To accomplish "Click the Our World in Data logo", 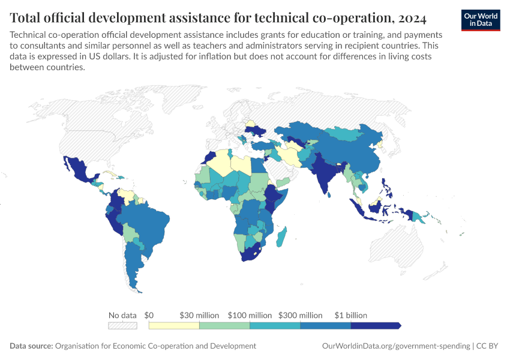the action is point(481,20).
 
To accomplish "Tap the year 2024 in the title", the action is point(412,18).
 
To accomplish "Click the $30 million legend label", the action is point(199,315).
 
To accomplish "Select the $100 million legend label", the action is point(250,315).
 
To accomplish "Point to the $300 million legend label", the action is point(300,315).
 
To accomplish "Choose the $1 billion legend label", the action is point(350,315).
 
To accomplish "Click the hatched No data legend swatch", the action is point(122,326).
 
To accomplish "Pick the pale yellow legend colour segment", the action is point(174,326).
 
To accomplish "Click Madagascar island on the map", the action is point(281,237).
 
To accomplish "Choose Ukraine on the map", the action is point(256,131).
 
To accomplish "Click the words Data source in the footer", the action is point(31,346).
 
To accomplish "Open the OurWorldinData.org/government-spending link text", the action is point(396,346).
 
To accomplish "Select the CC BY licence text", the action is point(487,346).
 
